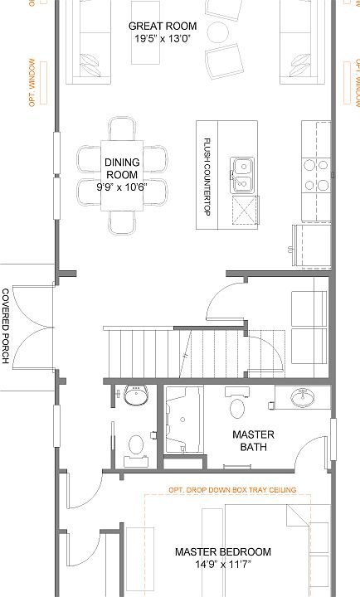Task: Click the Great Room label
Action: point(163,27)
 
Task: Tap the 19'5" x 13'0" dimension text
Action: point(163,38)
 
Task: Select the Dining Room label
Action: point(122,168)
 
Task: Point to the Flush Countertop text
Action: point(207,177)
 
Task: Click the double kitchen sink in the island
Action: point(242,175)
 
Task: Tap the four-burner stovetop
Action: point(316,175)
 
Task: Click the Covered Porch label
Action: point(6,326)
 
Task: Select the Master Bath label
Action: point(253,440)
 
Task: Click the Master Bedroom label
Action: point(223,551)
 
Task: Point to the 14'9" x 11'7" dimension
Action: point(223,565)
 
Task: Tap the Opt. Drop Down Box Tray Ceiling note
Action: point(232,490)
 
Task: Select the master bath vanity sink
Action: point(303,397)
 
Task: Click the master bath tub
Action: point(183,420)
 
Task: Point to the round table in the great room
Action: point(217,32)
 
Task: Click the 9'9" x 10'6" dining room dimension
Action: point(122,187)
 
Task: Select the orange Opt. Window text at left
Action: point(32,82)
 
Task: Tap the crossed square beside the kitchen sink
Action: point(246,210)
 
